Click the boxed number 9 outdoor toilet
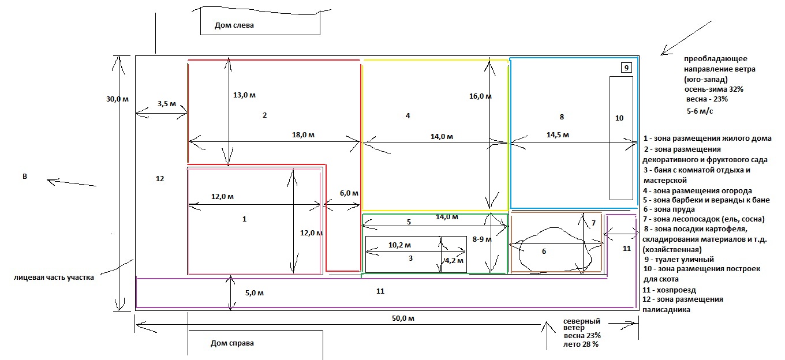(626, 67)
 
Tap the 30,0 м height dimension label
(117, 99)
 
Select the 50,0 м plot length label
(403, 318)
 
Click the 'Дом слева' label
(234, 25)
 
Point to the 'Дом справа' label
(232, 343)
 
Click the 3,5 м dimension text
(166, 104)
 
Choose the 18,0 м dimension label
(303, 135)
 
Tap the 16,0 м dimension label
(480, 96)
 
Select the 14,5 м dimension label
(558, 135)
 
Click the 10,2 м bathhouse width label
(399, 245)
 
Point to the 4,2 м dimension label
(454, 261)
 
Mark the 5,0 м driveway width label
(255, 293)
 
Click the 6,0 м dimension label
(349, 193)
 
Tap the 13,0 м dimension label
(244, 95)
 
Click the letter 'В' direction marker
(25, 177)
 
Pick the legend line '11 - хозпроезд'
(669, 290)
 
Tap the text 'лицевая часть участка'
(54, 277)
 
